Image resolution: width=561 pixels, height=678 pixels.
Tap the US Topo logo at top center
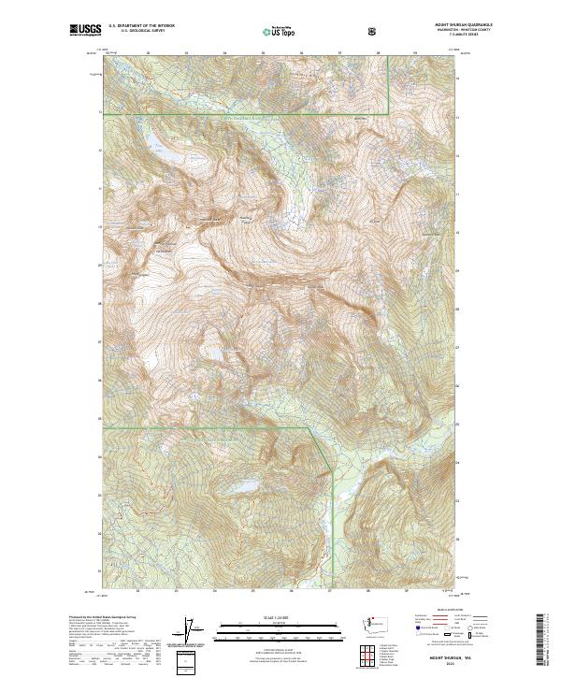[x=280, y=31]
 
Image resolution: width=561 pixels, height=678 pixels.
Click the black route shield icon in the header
[x=374, y=32]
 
